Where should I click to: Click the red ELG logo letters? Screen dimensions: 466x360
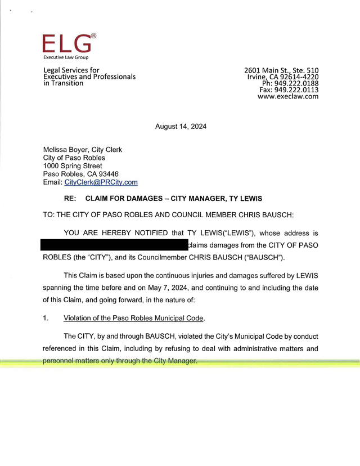(x=65, y=44)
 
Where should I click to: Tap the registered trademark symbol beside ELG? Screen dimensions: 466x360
(x=93, y=36)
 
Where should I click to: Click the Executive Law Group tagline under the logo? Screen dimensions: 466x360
(x=66, y=57)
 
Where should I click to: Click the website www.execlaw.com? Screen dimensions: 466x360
(x=288, y=97)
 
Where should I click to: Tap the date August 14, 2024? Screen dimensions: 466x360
(x=181, y=127)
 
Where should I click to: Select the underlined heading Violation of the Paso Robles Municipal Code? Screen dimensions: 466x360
(x=133, y=318)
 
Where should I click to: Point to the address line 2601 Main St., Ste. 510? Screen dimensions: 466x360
(x=281, y=70)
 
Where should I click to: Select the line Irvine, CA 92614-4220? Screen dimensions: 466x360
(x=283, y=77)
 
